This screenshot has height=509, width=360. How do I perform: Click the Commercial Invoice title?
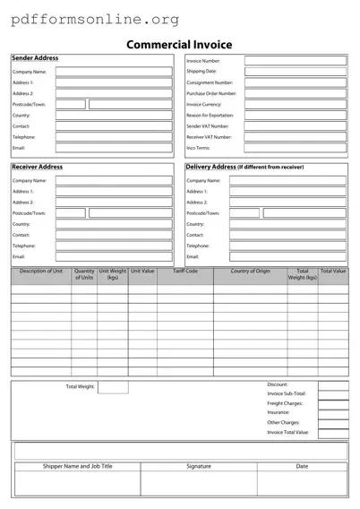[179, 44]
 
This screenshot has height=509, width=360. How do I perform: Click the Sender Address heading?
[35, 58]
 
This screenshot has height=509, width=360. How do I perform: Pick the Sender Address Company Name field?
[114, 71]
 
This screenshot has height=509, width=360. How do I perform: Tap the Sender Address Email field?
[114, 148]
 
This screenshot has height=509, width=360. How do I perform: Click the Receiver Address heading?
[37, 167]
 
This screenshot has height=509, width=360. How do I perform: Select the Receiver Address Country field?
[114, 224]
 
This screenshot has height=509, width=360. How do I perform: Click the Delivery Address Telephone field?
[287, 246]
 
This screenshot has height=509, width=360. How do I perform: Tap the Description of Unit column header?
[41, 271]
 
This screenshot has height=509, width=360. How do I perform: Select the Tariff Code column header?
[185, 271]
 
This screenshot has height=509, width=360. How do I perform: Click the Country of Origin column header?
[250, 271]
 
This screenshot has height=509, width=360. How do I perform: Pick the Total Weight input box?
[113, 387]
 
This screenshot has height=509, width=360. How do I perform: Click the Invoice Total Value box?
[333, 432]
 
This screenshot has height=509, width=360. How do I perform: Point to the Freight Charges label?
[285, 403]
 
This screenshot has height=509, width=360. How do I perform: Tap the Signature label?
[199, 466]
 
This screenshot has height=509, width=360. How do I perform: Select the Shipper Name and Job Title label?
[78, 466]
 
